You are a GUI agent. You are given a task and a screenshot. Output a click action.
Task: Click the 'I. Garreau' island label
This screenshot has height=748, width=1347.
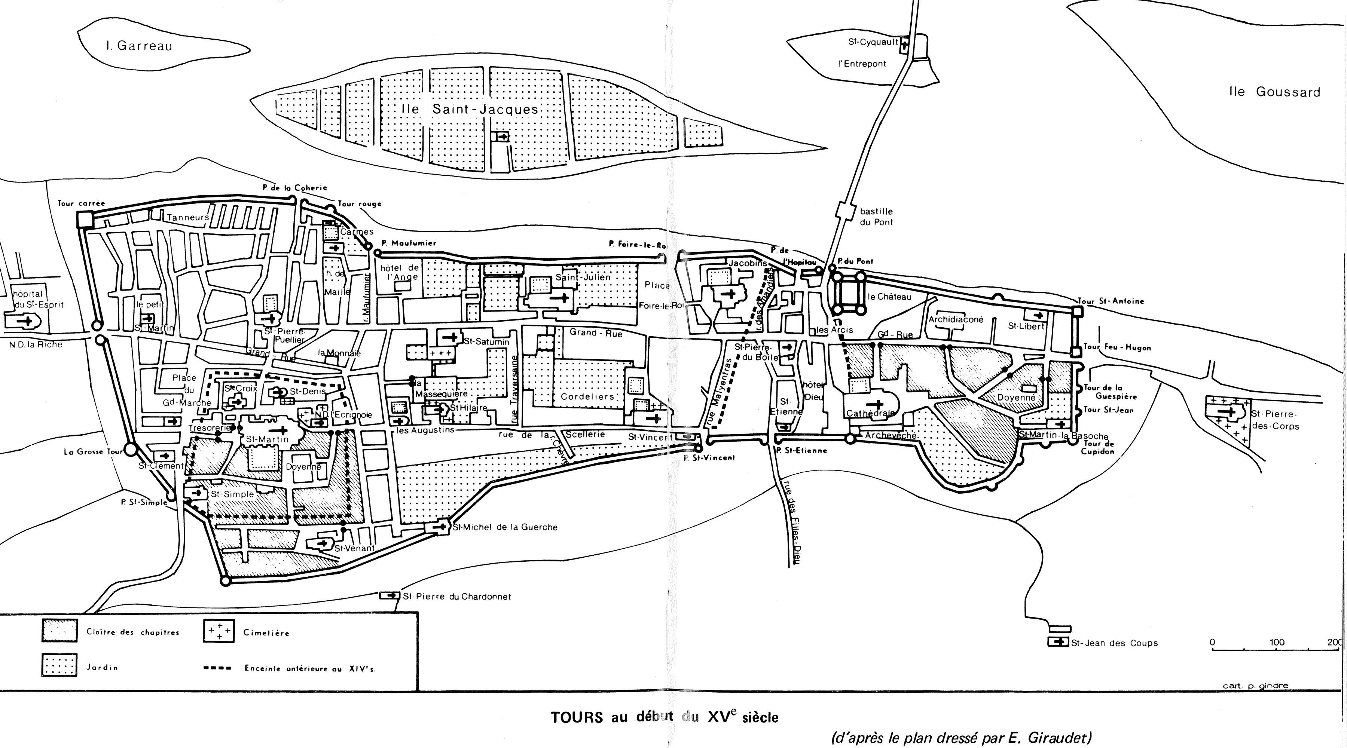coord(138,46)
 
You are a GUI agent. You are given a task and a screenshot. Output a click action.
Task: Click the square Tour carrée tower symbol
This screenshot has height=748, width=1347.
coord(84,220)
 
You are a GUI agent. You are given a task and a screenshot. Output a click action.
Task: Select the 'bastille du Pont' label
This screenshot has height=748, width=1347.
coord(876,217)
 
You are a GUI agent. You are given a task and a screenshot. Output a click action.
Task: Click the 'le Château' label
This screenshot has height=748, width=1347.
coord(889,297)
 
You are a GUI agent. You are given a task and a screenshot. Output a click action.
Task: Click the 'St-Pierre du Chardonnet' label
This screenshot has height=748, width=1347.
coord(456,597)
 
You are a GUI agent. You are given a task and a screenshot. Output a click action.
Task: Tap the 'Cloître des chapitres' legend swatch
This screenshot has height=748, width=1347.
coord(59,631)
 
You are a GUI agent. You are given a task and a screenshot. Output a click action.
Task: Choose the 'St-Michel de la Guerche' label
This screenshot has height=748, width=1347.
coord(505,527)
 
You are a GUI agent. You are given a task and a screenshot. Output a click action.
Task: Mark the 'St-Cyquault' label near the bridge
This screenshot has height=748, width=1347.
coord(873,42)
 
